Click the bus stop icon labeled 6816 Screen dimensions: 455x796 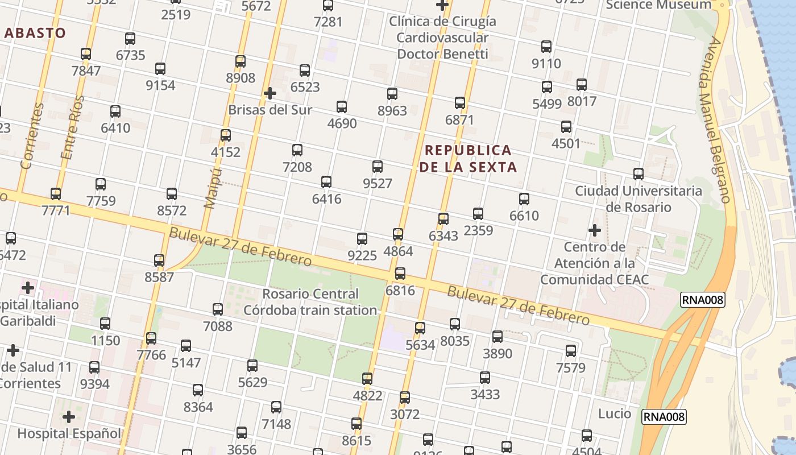tap(400, 274)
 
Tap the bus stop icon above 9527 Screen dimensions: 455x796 tap(378, 167)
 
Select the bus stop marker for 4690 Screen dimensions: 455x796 tap(342, 107)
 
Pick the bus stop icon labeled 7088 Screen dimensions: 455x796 tap(218, 309)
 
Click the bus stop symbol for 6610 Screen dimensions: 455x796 tap(524, 199)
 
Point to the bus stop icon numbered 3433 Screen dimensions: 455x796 tap(485, 378)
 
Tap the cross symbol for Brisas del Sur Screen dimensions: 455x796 tap(270, 93)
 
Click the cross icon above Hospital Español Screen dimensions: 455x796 tap(69, 417)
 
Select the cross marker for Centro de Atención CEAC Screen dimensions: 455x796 tap(595, 230)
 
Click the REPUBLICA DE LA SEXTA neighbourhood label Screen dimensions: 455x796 tap(469, 159)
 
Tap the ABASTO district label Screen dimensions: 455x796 tap(35, 33)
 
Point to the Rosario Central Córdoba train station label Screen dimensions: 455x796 tap(310, 302)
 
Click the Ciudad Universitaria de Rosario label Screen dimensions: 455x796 tap(639, 198)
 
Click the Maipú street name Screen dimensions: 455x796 tap(212, 188)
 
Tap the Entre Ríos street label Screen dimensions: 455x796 tap(72, 127)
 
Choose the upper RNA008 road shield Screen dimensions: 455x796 tap(703, 300)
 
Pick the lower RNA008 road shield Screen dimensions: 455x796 tap(664, 417)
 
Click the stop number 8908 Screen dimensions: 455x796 tap(241, 78)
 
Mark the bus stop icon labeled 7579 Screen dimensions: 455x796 tap(571, 351)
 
